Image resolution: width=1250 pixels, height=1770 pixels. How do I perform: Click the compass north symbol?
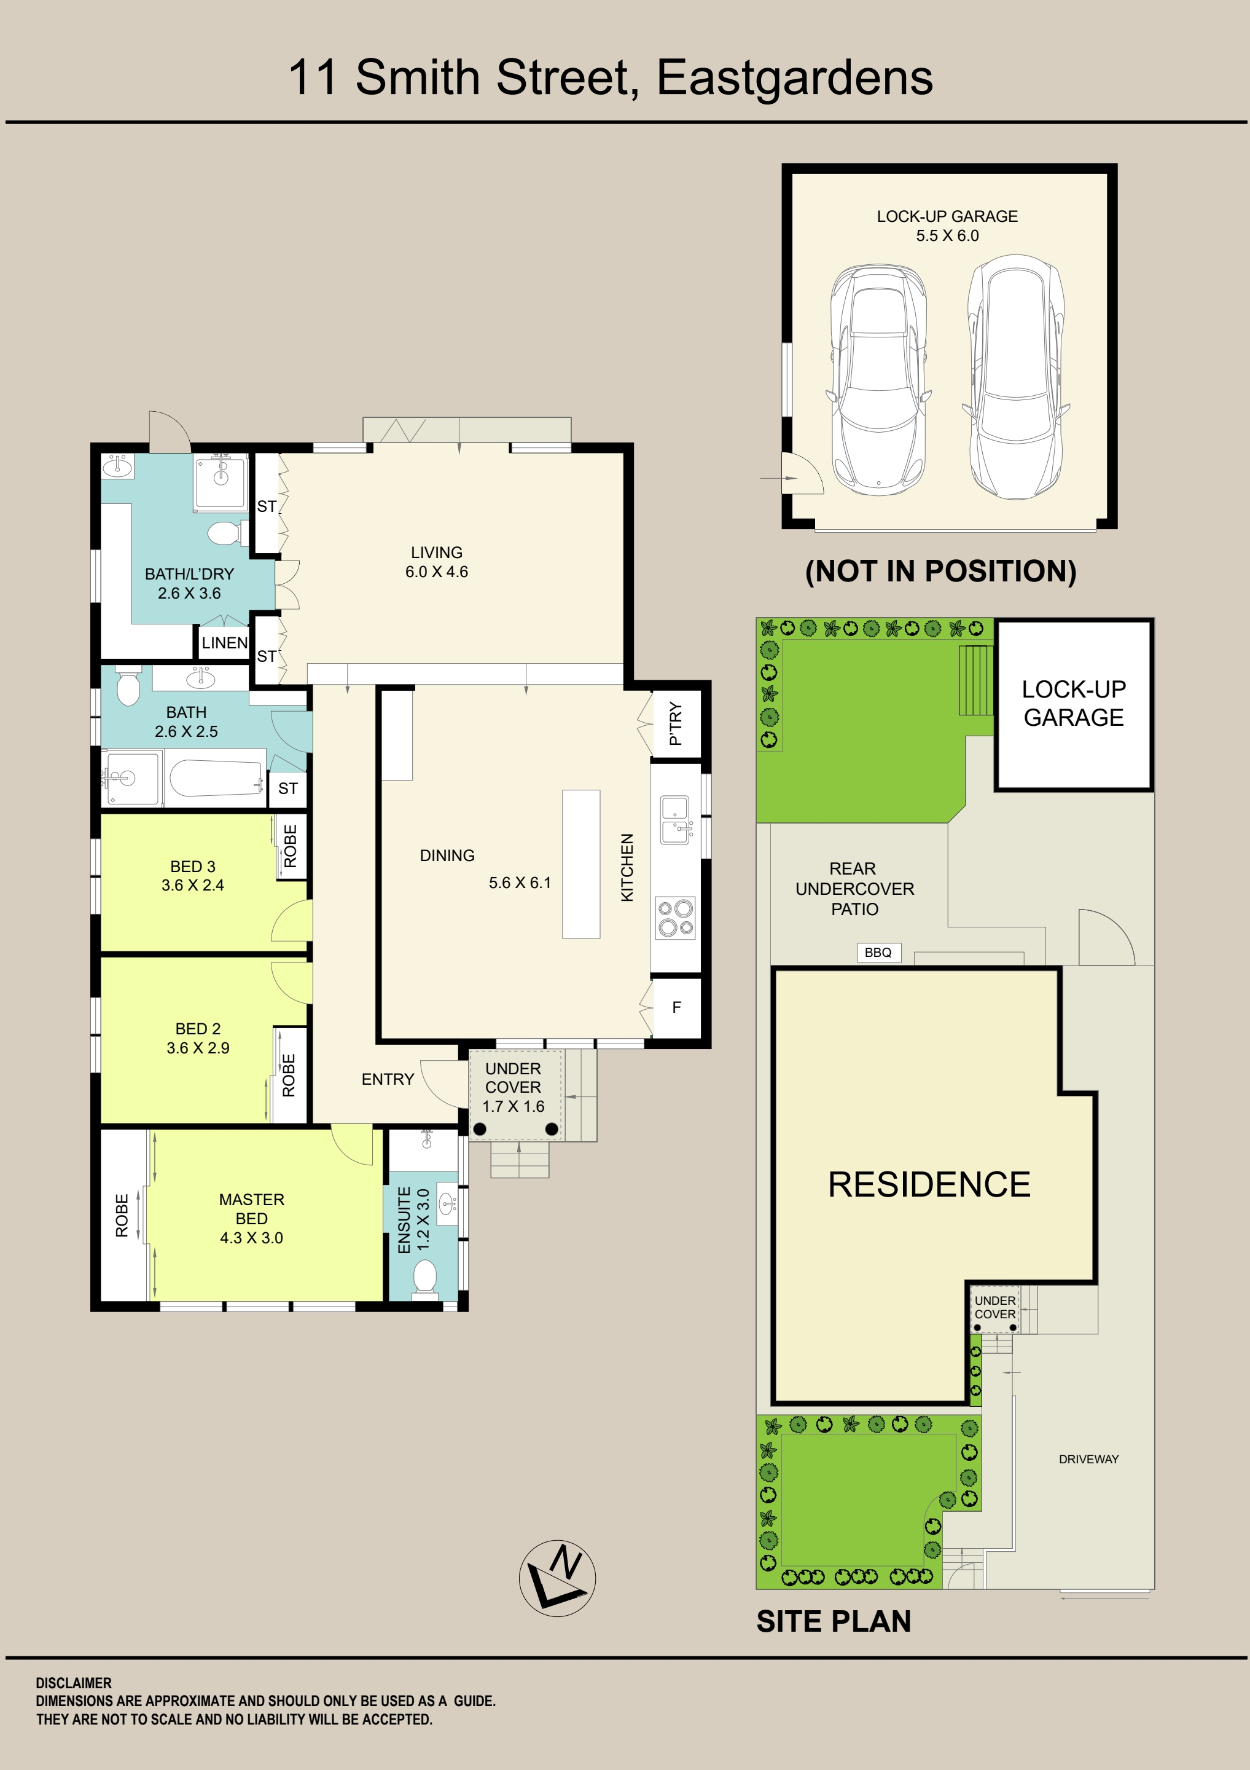coord(557,1578)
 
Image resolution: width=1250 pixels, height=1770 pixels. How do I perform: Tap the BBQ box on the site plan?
coord(878,953)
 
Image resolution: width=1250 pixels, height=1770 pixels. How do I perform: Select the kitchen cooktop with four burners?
coord(675,918)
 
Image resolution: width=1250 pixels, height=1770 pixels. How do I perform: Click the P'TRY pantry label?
coord(676,723)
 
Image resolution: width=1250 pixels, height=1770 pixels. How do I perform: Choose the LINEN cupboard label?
coord(224,643)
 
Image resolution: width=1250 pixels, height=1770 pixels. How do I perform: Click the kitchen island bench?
coord(581,863)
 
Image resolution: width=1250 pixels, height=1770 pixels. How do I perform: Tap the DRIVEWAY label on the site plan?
coord(1088,1458)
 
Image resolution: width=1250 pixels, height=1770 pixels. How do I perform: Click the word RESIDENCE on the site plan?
coord(929,1184)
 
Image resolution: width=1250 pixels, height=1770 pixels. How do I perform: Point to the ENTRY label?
coord(388,1079)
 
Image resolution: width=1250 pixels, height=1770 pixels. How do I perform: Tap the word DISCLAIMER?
coord(73,1683)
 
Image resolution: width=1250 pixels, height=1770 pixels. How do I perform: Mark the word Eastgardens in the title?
coord(795,79)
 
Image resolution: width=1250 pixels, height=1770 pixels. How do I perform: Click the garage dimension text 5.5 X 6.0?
coord(947,236)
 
